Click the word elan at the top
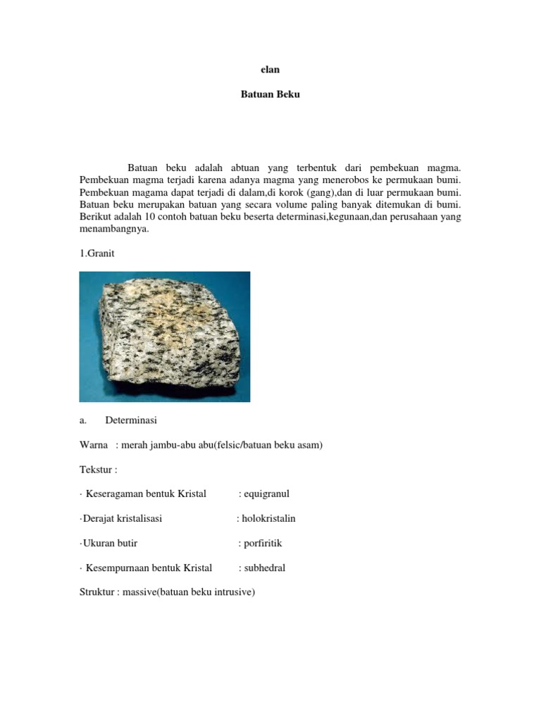pos(270,70)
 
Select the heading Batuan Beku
pos(270,94)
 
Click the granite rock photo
pos(164,337)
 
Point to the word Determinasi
pos(131,421)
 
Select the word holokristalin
pos(268,519)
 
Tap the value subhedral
pos(264,568)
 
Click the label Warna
pos(93,446)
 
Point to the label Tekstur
pos(97,470)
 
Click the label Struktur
pos(98,593)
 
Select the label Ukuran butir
pos(111,544)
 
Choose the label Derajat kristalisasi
pos(122,519)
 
